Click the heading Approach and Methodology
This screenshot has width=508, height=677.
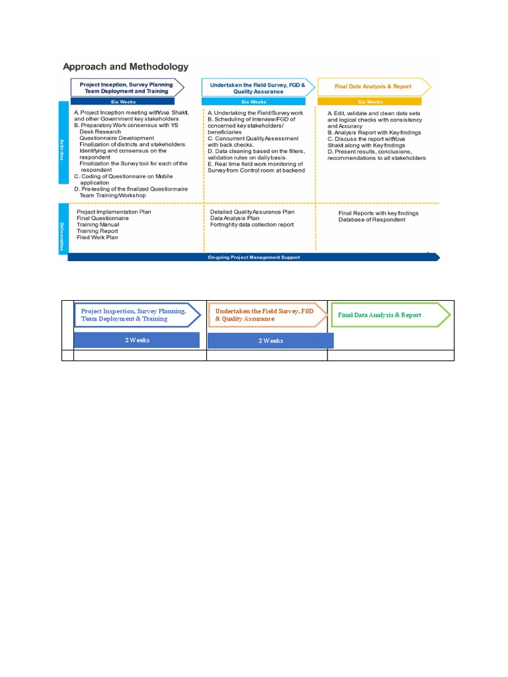125,67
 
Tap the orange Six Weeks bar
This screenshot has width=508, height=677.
370,102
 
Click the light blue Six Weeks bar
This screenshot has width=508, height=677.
254,102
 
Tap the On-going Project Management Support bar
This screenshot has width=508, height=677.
253,257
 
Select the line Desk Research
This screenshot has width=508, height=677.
99,132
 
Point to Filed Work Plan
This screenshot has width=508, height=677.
97,237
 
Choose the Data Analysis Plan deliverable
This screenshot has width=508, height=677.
235,218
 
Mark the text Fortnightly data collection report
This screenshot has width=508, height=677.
252,225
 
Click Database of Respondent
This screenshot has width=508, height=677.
372,219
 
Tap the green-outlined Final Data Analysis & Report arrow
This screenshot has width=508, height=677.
389,315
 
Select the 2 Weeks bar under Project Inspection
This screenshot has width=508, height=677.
136,340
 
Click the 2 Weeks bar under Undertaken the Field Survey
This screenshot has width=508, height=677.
270,340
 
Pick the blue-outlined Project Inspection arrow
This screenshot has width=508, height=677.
137,315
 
